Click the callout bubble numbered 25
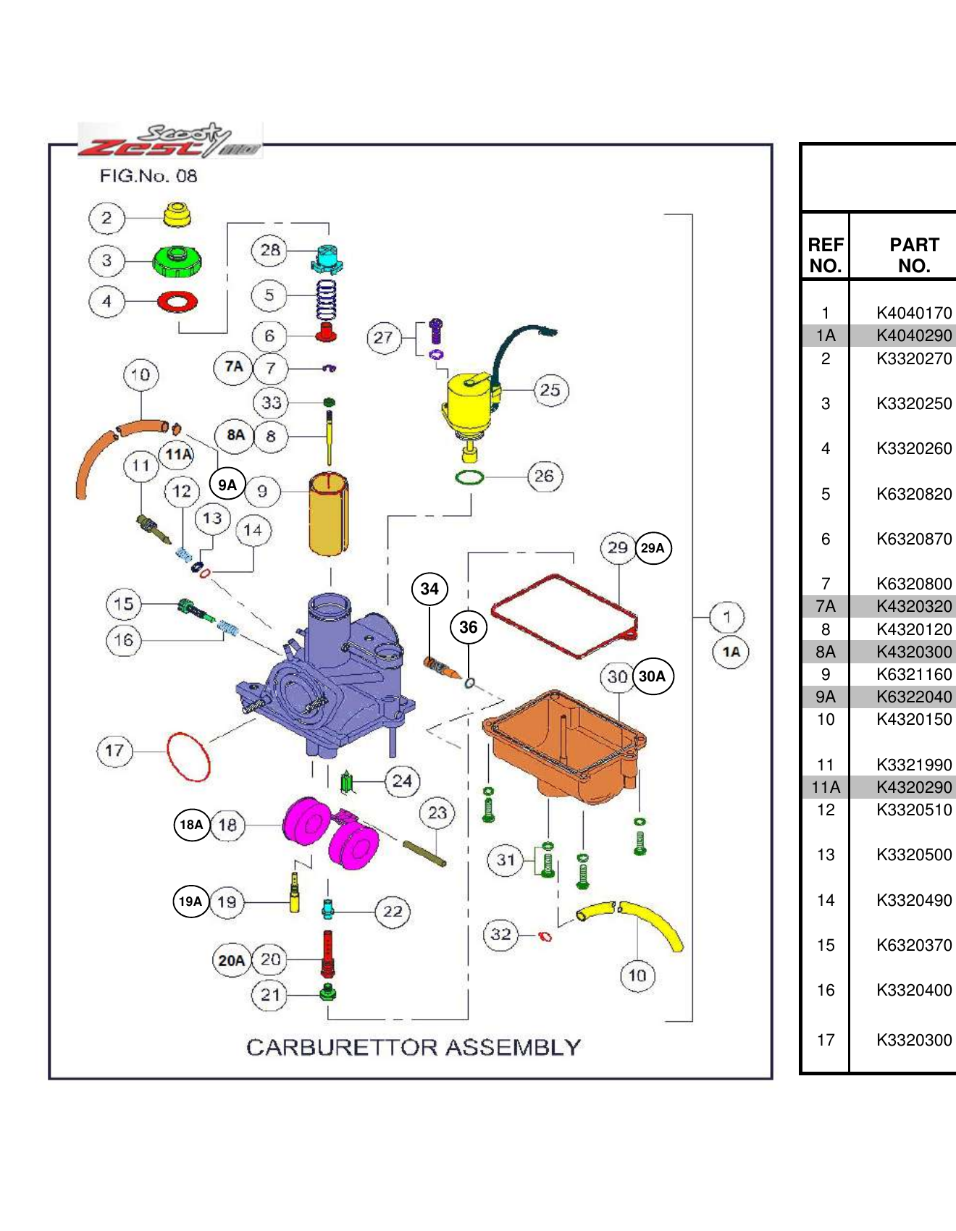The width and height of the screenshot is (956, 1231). [550, 390]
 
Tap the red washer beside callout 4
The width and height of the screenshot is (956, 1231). [177, 301]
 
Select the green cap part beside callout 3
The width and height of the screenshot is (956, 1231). [177, 261]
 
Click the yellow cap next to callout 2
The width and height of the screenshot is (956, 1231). [177, 214]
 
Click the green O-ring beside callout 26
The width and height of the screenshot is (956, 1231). [469, 477]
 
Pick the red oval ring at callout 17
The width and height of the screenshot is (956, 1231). [188, 757]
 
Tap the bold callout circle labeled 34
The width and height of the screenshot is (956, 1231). [429, 589]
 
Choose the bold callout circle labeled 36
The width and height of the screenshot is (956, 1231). [469, 627]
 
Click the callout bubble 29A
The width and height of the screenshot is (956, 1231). [653, 548]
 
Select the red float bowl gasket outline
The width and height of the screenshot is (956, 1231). [565, 615]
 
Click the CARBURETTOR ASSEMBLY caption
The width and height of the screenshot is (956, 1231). [414, 1047]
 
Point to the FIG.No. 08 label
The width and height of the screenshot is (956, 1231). [148, 176]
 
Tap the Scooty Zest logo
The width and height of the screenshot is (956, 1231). [170, 140]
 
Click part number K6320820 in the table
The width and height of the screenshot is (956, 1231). [914, 494]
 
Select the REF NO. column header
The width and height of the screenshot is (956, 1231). [826, 255]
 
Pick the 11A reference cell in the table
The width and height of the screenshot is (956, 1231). [826, 787]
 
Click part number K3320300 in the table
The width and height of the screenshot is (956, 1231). [914, 1040]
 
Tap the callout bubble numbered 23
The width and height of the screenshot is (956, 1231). [437, 813]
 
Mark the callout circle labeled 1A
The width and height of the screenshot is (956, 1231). [731, 652]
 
